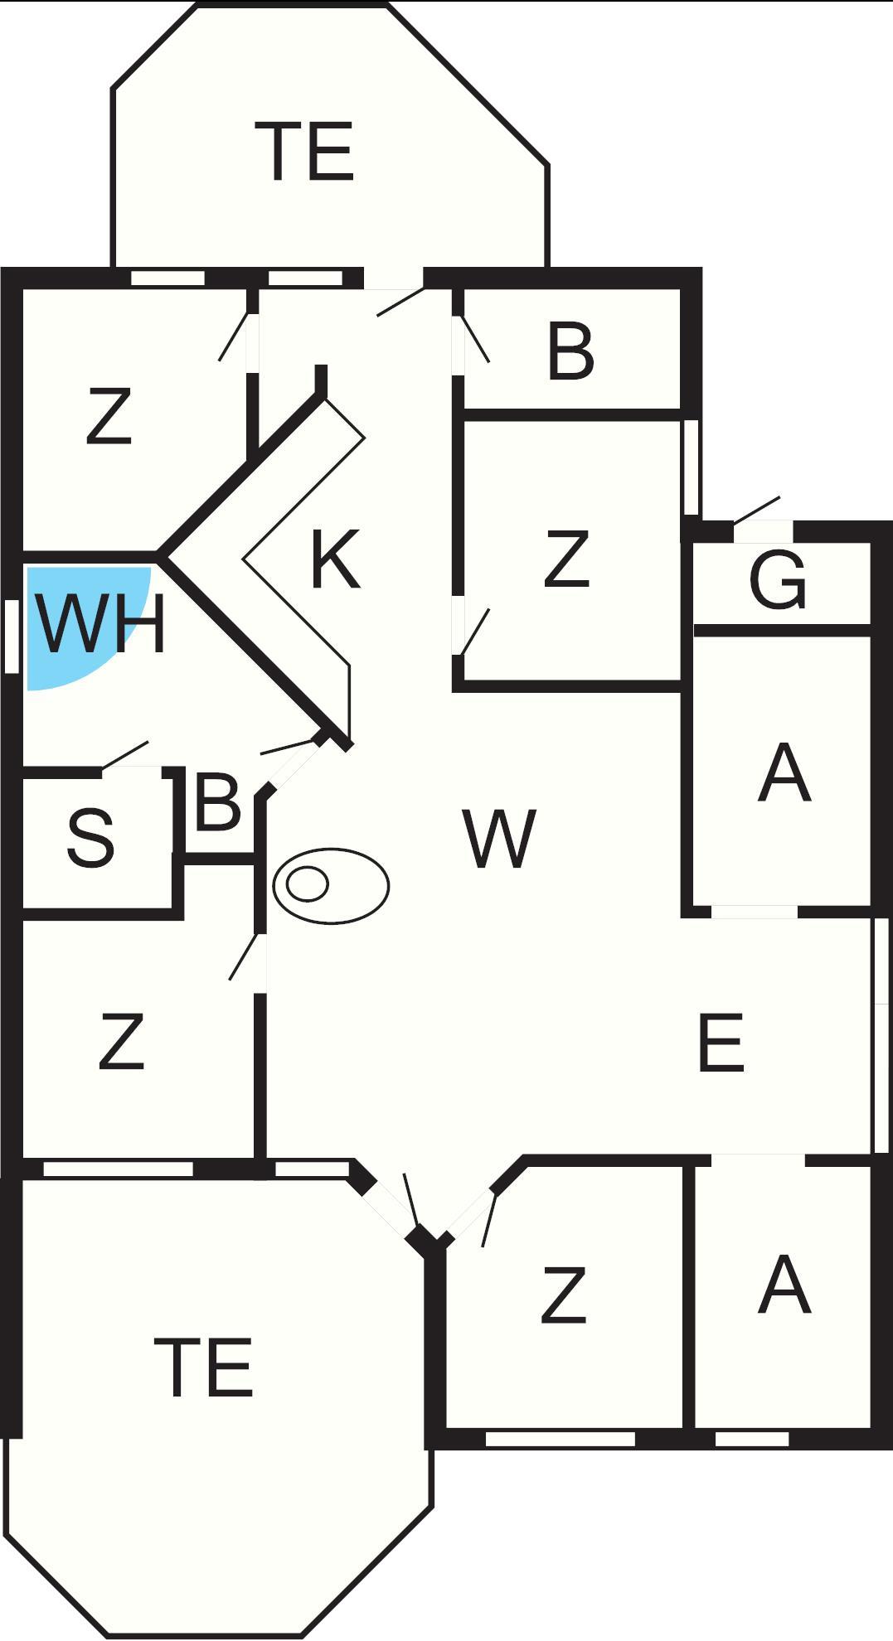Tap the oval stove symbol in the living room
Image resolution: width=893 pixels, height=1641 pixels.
(x=331, y=885)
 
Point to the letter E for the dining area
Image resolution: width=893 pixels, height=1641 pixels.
(x=721, y=1043)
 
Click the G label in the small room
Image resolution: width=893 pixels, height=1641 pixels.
(x=777, y=579)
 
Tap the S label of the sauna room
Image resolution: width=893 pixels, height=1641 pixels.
(x=90, y=839)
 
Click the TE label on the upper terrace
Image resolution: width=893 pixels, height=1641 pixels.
(x=308, y=151)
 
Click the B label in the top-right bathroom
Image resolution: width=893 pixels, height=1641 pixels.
(x=570, y=351)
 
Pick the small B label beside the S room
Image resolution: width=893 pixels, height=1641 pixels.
(x=216, y=801)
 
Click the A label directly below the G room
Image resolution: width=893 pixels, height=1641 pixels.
(x=784, y=773)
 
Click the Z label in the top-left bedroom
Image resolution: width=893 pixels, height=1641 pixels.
(x=109, y=417)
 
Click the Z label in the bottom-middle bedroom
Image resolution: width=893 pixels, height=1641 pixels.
(x=564, y=1295)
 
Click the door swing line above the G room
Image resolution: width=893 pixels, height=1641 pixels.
(x=756, y=510)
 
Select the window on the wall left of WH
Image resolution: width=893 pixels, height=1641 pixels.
(x=11, y=636)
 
